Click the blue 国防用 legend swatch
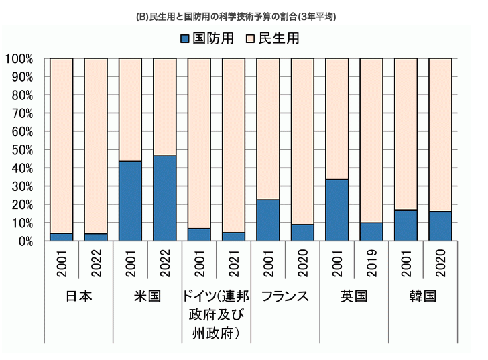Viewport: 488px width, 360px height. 185,38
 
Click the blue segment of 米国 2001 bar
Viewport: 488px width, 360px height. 130,200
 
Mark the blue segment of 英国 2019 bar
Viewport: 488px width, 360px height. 371,231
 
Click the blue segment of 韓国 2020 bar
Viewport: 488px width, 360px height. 440,226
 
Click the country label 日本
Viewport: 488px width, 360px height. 79,296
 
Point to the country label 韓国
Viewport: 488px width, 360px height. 422,296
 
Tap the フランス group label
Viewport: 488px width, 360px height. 285,296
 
